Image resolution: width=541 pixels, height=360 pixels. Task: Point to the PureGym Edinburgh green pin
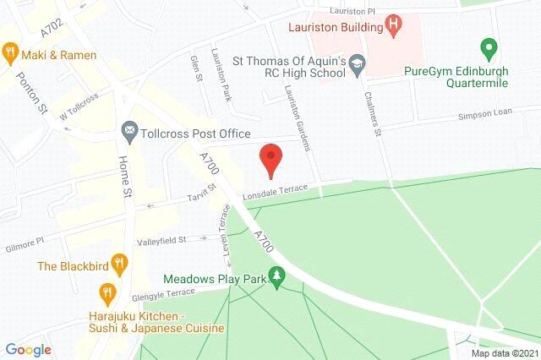tap(486, 47)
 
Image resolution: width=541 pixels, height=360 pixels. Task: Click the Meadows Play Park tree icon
tap(276, 276)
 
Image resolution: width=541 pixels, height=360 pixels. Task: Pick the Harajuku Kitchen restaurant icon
tap(107, 293)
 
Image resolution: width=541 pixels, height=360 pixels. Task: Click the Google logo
tap(28, 350)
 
